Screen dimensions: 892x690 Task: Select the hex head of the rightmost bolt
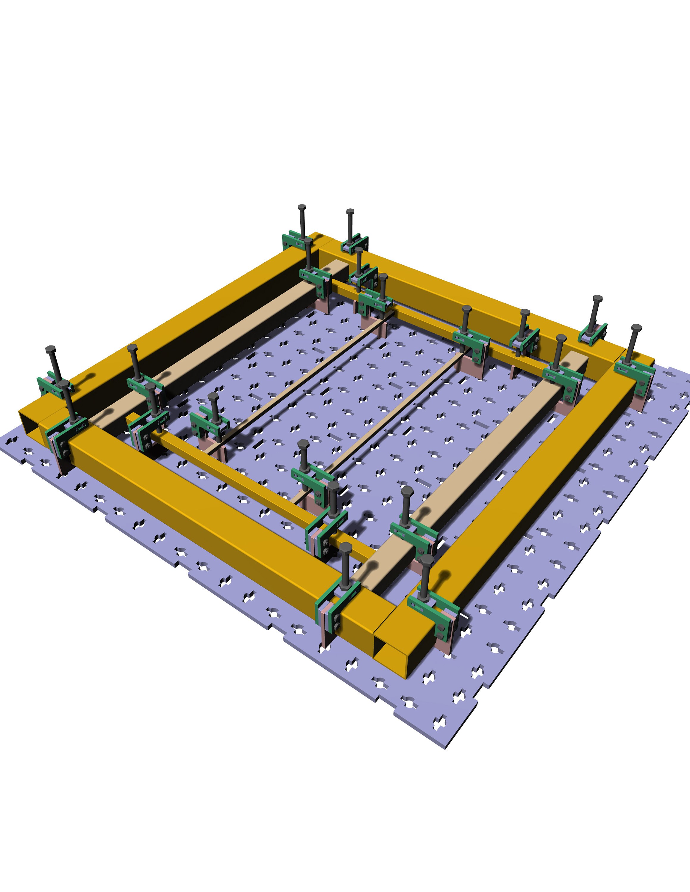click(x=636, y=328)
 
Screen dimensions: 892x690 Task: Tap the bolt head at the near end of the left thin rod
click(x=213, y=396)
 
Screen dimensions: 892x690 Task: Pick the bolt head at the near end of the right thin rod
click(x=303, y=444)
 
